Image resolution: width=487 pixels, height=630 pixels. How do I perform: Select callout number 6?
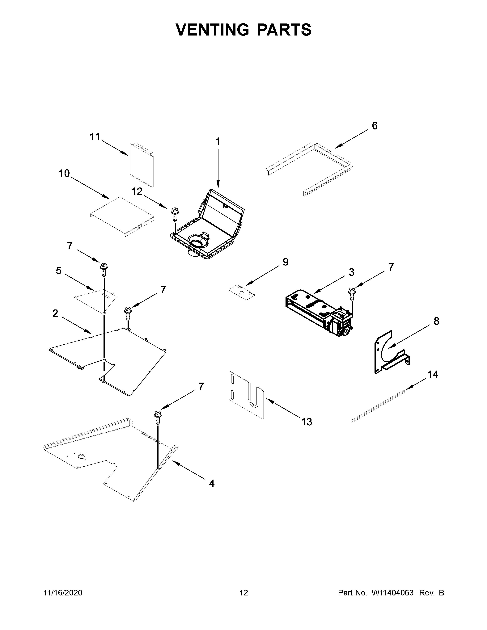coord(375,126)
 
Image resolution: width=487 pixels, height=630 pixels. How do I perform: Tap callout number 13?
coord(307,422)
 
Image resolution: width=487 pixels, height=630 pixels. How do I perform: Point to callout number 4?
coord(211,484)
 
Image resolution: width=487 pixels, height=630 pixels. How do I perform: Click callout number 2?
coord(55,313)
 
